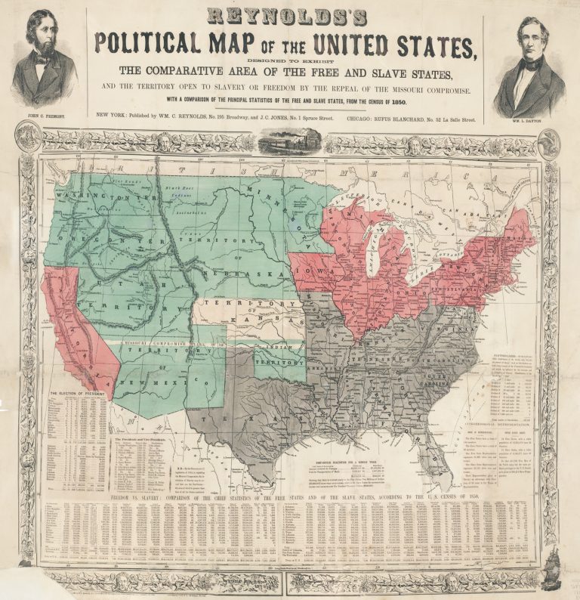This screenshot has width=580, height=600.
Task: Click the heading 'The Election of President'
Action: coord(76,394)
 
